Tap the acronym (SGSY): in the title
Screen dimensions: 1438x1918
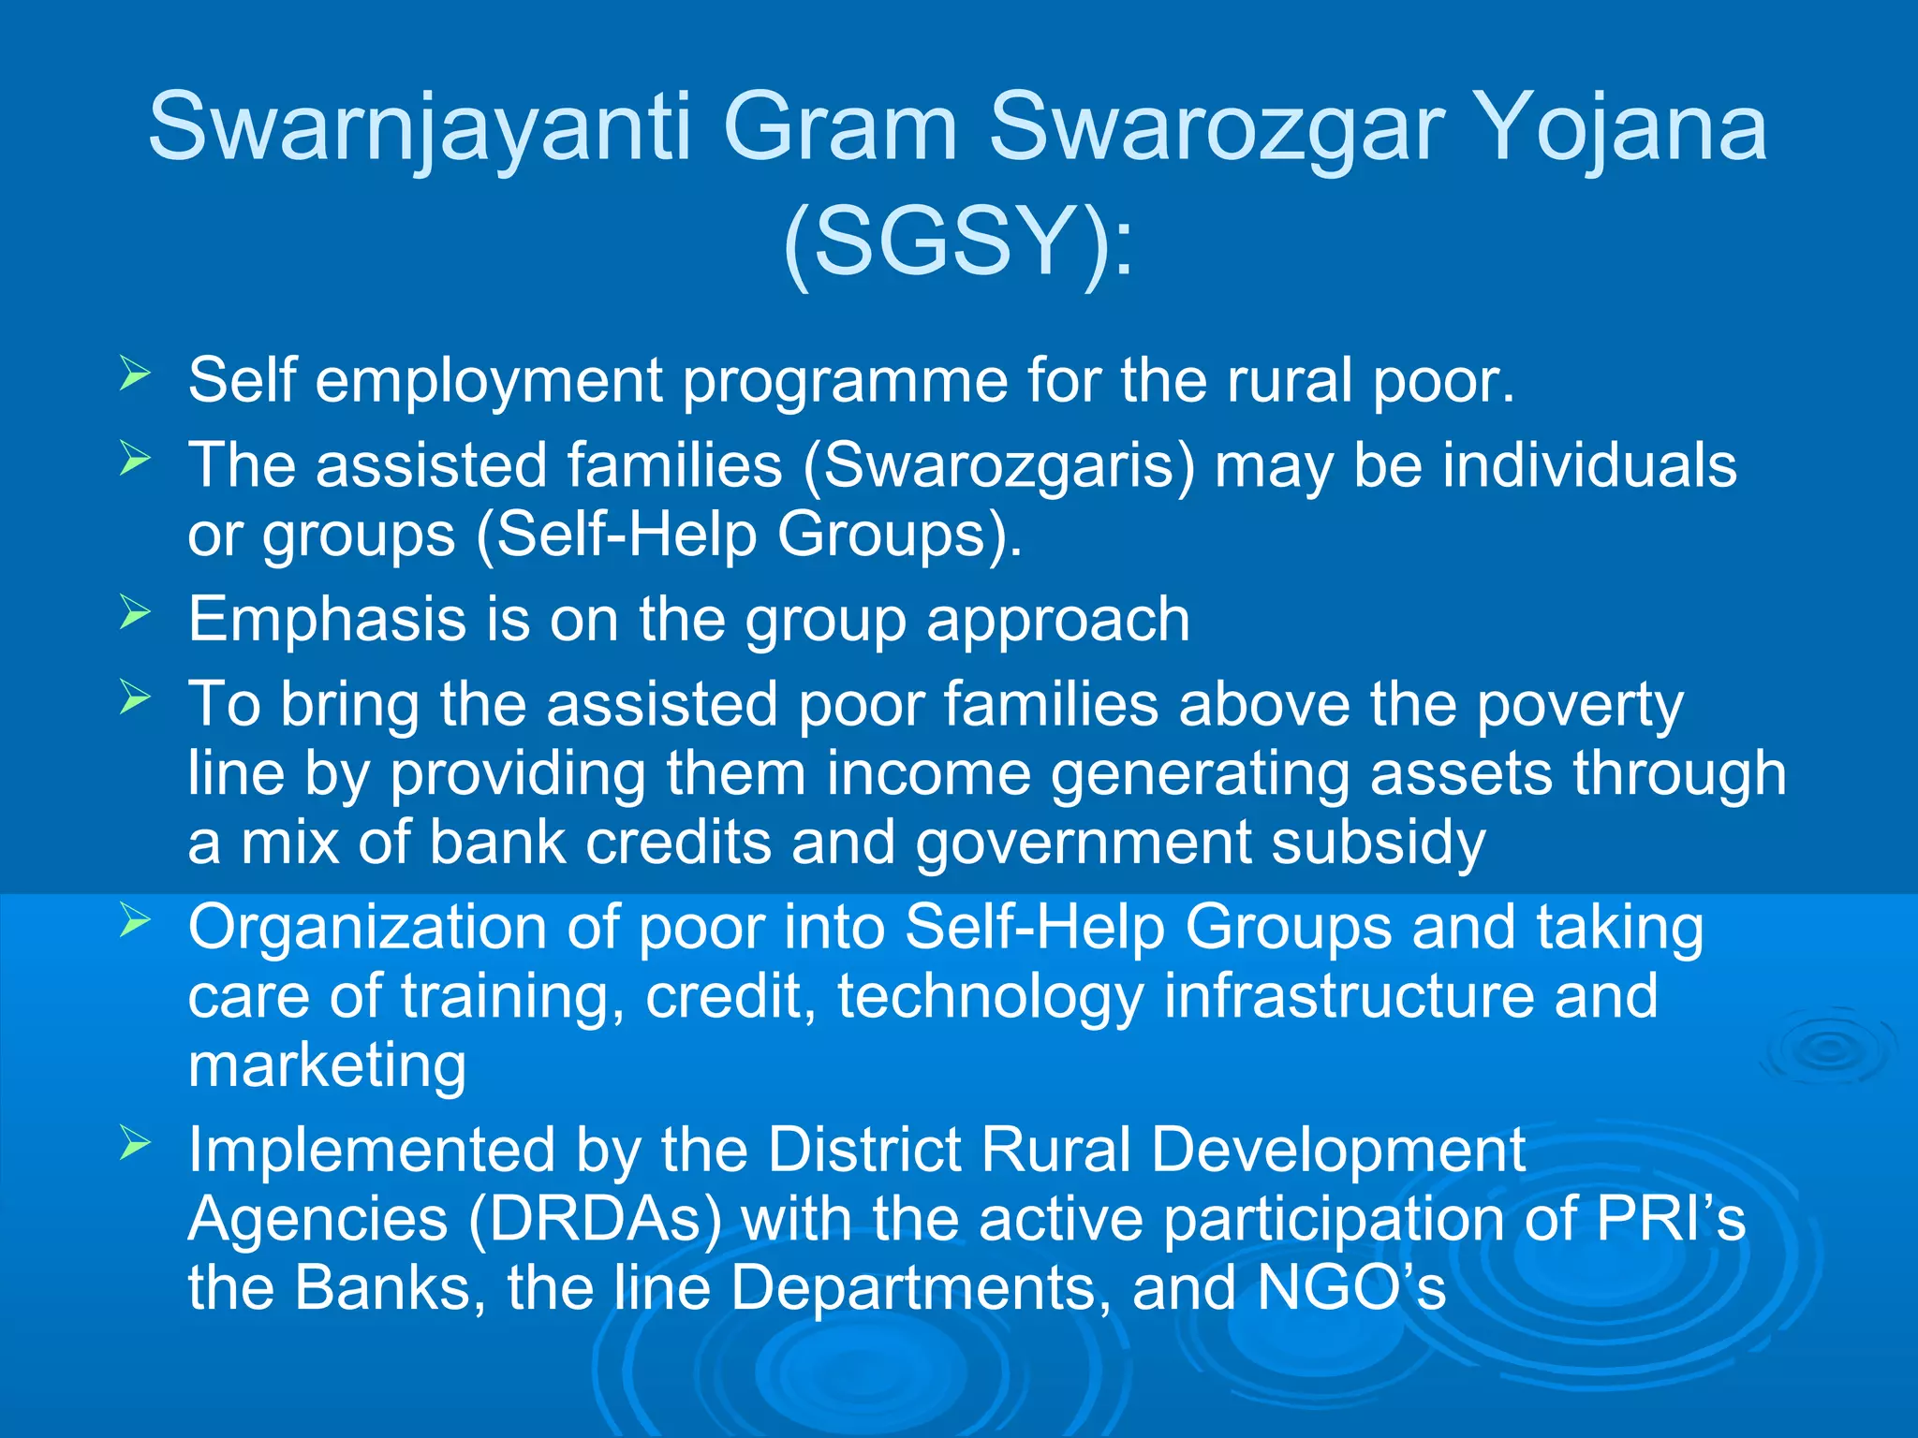(957, 242)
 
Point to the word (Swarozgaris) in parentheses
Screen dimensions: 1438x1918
(998, 465)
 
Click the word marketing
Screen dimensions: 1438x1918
(327, 1065)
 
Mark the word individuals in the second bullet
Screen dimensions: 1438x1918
(1588, 465)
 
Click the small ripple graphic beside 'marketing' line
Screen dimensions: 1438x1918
(1826, 1049)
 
